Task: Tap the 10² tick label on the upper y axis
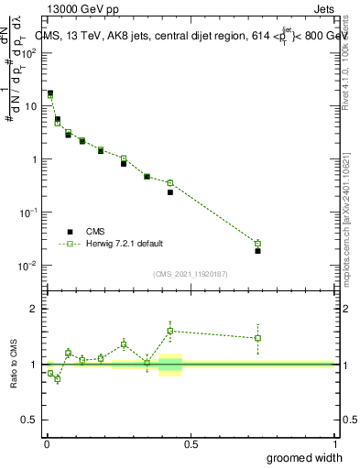[x=31, y=52]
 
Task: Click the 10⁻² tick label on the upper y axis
[x=31, y=266]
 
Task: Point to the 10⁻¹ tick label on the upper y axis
[x=31, y=213]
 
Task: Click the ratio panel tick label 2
[x=35, y=309]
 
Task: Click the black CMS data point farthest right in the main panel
[x=257, y=250]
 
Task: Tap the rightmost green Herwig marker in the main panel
[x=257, y=244]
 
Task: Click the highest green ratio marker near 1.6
[x=170, y=331]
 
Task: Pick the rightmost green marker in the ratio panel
[x=257, y=338]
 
